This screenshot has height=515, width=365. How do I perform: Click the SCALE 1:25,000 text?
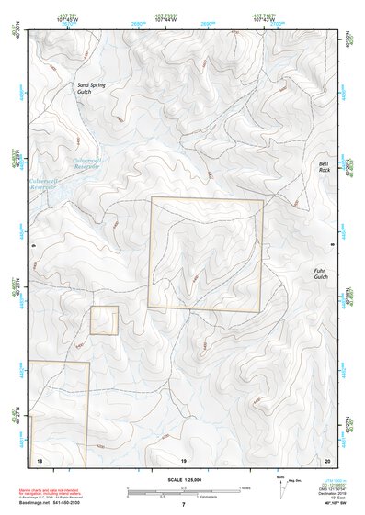click(x=183, y=480)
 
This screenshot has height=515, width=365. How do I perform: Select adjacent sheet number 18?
click(x=40, y=459)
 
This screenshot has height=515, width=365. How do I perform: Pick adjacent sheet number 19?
click(x=183, y=459)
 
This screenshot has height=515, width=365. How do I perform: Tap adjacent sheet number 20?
click(x=327, y=459)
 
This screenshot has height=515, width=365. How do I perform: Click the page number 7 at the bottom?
click(x=183, y=505)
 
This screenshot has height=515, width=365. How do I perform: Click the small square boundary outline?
click(x=104, y=320)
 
